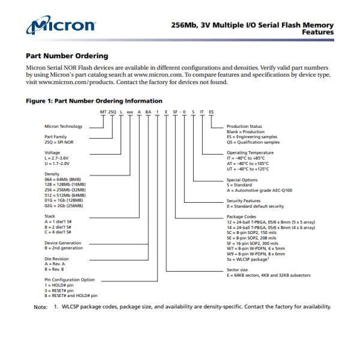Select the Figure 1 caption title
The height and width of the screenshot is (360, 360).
tap(94, 101)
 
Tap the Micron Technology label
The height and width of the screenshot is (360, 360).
tap(63, 127)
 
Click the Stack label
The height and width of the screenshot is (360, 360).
tap(49, 214)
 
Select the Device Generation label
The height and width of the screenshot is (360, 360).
tap(63, 243)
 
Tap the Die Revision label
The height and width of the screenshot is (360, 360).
tap(58, 258)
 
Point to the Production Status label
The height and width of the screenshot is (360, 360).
tap(245, 127)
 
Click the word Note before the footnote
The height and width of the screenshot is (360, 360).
tap(40, 307)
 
